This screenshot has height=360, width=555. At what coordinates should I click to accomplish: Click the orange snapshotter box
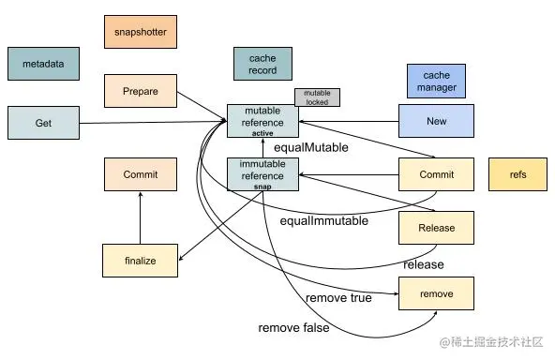tap(140, 32)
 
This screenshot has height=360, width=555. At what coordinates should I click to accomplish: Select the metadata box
tap(43, 64)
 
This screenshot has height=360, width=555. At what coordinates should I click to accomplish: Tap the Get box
tap(43, 123)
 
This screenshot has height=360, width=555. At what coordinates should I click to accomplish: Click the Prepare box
tap(140, 92)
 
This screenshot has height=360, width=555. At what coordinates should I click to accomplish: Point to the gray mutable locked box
tap(317, 97)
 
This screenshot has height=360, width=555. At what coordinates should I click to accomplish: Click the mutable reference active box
tap(262, 121)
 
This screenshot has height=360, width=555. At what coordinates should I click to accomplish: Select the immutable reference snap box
tap(262, 174)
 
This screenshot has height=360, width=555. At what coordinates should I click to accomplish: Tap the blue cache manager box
tap(436, 81)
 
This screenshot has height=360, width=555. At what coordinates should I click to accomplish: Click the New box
tap(436, 122)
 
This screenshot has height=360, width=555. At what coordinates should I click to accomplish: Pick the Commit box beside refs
tap(436, 175)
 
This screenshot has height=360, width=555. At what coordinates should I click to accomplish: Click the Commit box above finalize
tap(140, 174)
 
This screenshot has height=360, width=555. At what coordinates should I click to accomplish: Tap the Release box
tap(436, 228)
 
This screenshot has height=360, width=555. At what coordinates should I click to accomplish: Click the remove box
tap(436, 293)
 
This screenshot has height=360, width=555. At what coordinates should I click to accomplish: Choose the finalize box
tap(140, 260)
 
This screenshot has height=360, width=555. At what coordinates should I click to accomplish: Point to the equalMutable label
tap(310, 147)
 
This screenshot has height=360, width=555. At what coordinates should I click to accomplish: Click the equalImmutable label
tap(323, 221)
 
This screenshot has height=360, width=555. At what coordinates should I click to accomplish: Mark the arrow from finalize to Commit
tap(140, 217)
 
